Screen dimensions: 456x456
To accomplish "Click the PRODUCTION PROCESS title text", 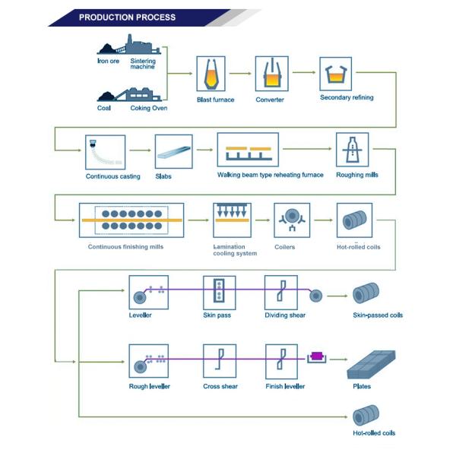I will pyautogui.click(x=127, y=17).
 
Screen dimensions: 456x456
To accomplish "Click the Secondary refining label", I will pyautogui.click(x=347, y=97).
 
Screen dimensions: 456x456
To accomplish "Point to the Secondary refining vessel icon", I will pyautogui.click(x=334, y=74).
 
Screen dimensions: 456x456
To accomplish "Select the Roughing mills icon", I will pyautogui.click(x=353, y=150).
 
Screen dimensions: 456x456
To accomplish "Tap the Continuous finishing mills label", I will pyautogui.click(x=125, y=246).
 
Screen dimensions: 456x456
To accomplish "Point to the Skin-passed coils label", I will pyautogui.click(x=378, y=315).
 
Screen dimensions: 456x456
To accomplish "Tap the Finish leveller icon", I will pyautogui.click(x=280, y=362).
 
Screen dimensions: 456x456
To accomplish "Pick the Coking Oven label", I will pyautogui.click(x=149, y=108).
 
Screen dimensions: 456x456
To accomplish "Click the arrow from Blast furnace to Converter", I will pyautogui.click(x=242, y=74).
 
